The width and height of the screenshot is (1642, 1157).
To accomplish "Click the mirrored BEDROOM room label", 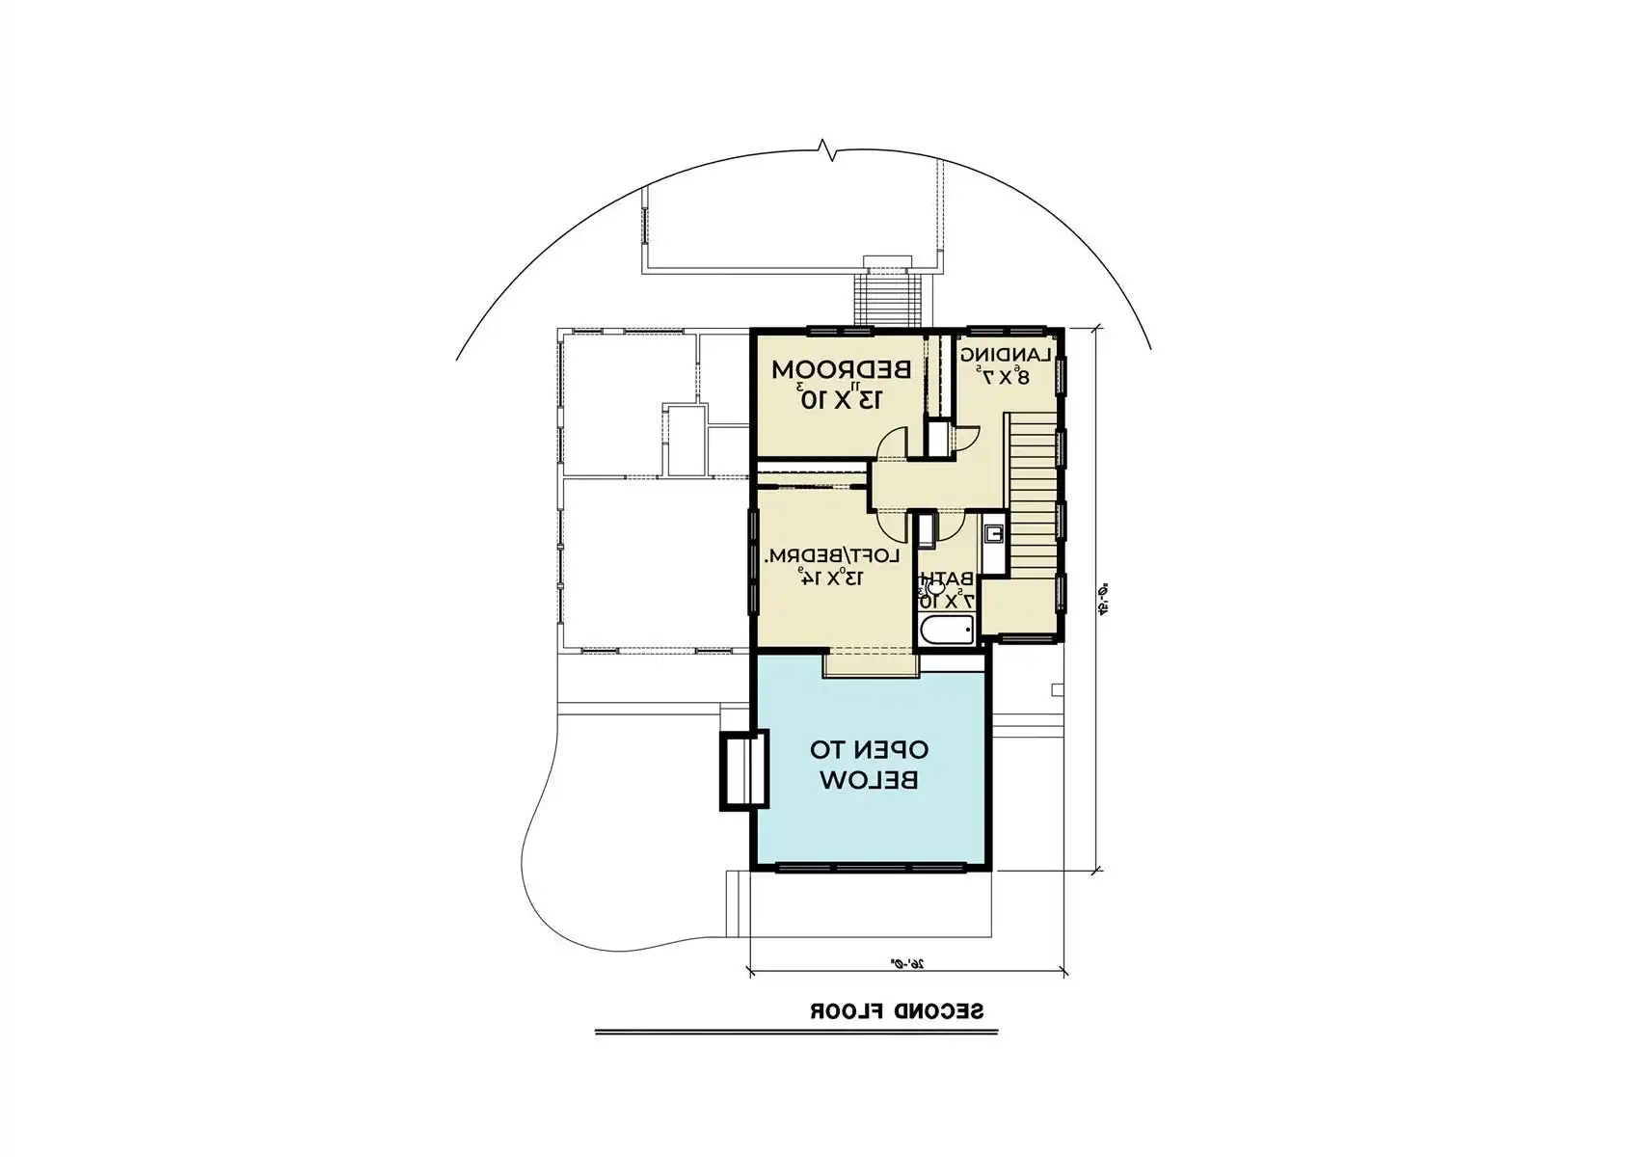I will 843,369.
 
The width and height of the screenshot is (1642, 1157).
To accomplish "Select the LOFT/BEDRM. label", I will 832,556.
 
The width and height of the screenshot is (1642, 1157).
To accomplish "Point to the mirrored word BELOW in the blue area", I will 869,780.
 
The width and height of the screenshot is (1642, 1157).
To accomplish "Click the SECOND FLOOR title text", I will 897,1011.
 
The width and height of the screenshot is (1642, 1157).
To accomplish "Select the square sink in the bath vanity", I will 993,531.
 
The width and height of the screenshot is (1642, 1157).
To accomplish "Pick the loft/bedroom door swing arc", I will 895,525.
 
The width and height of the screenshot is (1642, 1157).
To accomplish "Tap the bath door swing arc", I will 949,525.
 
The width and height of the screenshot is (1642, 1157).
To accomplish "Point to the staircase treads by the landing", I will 1032,492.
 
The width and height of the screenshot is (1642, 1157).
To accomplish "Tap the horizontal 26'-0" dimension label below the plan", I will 907,961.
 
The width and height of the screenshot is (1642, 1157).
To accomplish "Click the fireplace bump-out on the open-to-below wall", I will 742,769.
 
